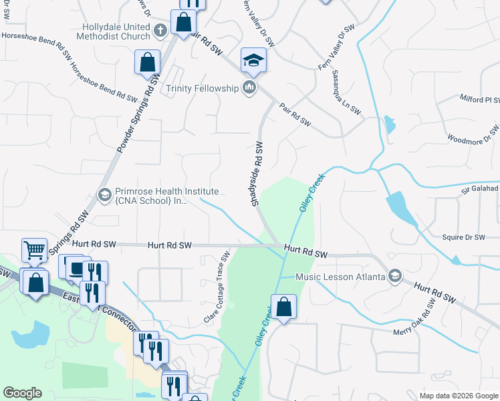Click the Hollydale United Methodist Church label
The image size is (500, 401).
[x=111, y=30]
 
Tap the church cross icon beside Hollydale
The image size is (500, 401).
[x=160, y=30]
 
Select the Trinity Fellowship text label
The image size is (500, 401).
[x=202, y=88]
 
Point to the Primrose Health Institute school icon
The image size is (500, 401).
[x=104, y=194]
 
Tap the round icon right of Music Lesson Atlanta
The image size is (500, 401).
[x=395, y=277]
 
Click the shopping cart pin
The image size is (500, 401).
[x=35, y=251]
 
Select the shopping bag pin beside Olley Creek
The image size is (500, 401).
[x=284, y=307]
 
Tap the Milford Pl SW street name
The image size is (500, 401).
[x=479, y=100]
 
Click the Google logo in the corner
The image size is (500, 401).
[x=22, y=393]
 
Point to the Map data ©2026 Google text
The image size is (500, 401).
[x=459, y=396]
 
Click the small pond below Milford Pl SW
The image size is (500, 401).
[x=390, y=124]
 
